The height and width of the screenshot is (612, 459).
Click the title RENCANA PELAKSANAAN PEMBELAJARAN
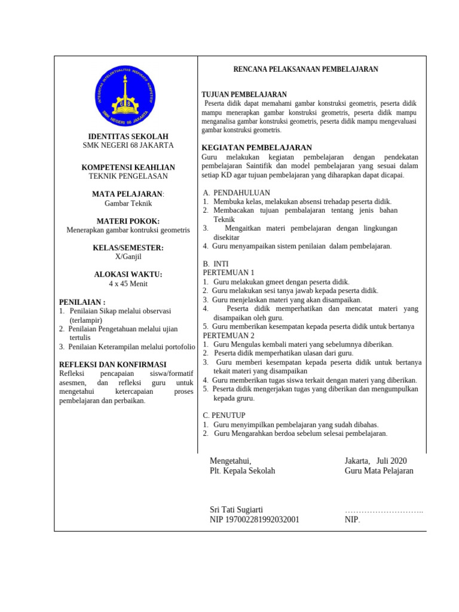coord(305,70)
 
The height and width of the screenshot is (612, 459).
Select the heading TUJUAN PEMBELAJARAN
coord(244,94)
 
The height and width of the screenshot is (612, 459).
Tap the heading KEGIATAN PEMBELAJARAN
coord(257,148)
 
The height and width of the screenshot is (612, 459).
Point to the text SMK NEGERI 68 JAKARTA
coord(128,145)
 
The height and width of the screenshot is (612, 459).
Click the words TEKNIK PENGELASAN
coord(128,176)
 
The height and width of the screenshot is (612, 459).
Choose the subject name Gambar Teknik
coord(128,203)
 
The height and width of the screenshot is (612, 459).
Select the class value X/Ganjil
coord(128,256)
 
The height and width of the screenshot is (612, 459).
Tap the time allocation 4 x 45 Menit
coord(128,284)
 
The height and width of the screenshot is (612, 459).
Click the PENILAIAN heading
coord(82,302)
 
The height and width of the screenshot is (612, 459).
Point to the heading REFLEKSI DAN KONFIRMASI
coord(113,365)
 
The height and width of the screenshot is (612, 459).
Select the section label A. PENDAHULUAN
coord(237,192)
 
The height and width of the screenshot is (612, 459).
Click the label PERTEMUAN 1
coord(228,273)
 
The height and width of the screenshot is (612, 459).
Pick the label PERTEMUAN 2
coord(228,335)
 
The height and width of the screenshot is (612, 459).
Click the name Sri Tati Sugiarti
coord(236,509)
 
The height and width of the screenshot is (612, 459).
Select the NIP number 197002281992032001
coord(255,519)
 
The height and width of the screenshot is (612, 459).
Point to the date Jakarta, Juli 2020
coord(375,461)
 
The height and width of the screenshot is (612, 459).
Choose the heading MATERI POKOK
coord(128,221)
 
